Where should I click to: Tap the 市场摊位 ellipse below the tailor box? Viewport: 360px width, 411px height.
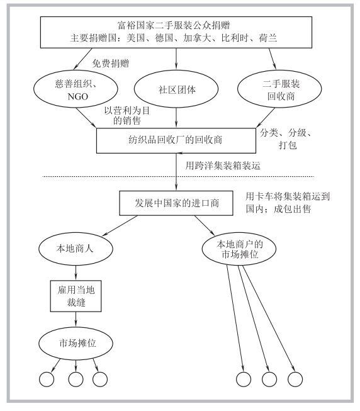tap(76, 344)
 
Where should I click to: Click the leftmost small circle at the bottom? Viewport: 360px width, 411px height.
tap(47, 379)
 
